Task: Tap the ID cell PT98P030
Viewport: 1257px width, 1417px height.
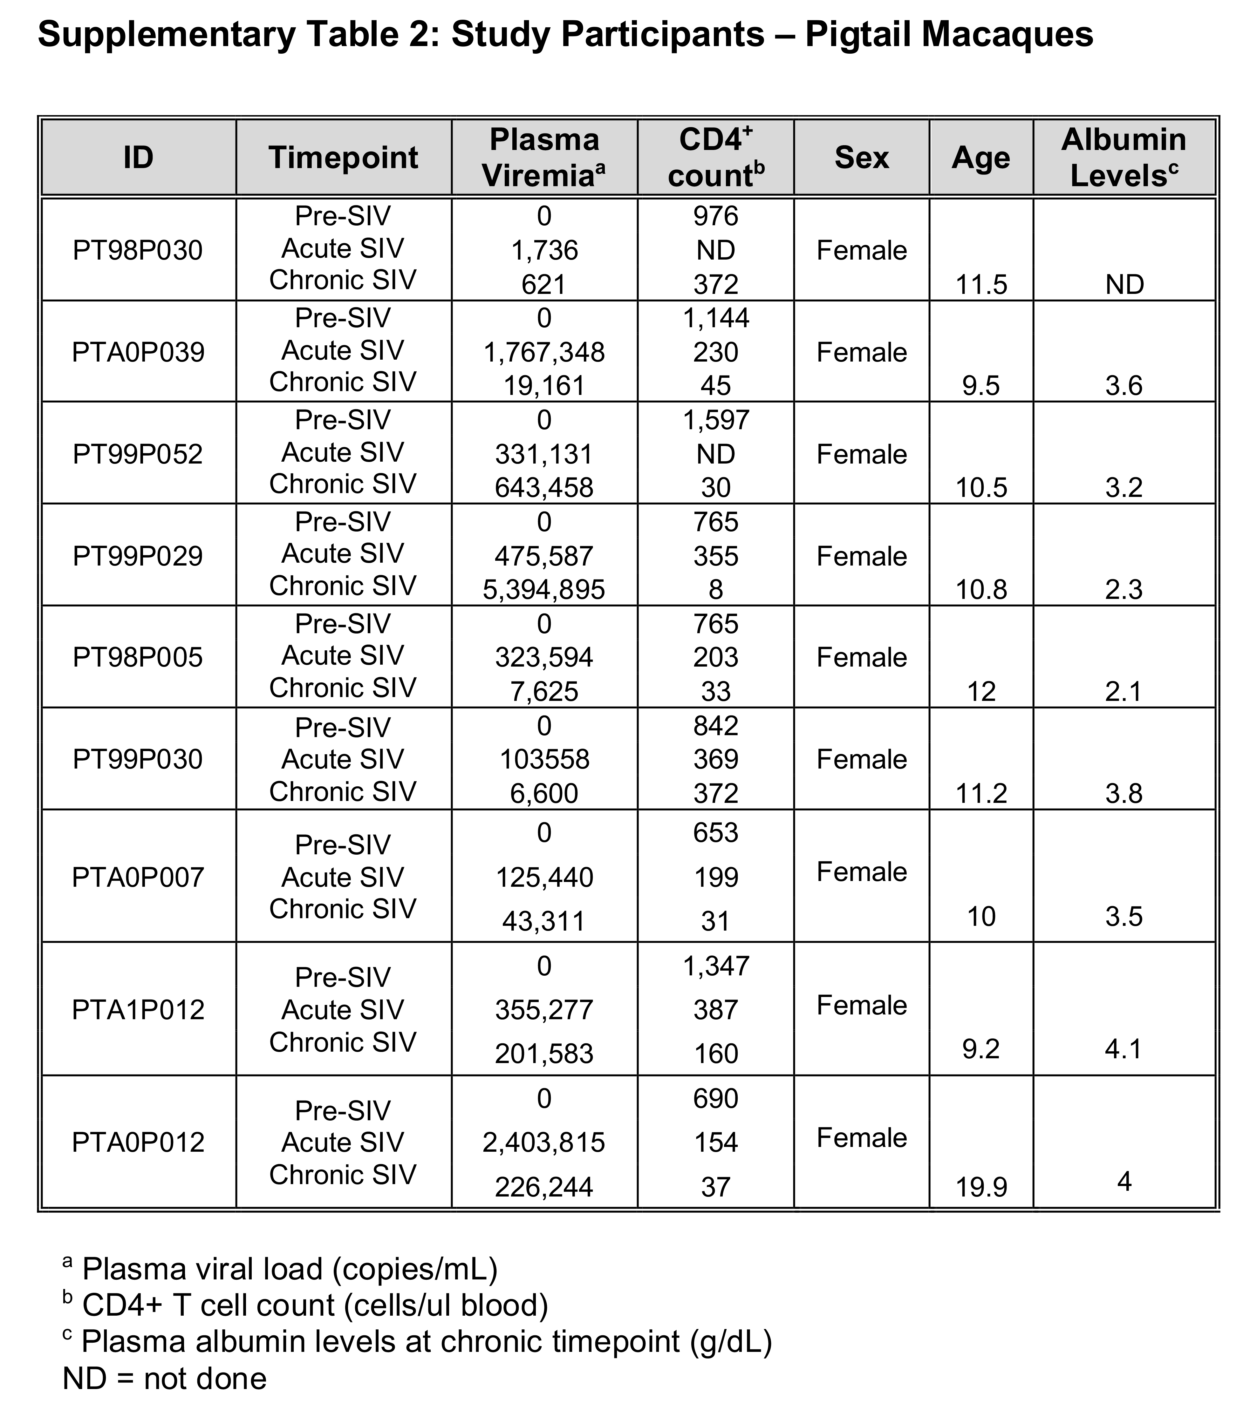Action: [138, 250]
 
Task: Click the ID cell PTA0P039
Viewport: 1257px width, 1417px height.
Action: [138, 352]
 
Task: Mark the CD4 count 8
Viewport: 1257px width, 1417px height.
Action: [715, 589]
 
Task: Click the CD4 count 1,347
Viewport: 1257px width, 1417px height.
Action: [715, 966]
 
